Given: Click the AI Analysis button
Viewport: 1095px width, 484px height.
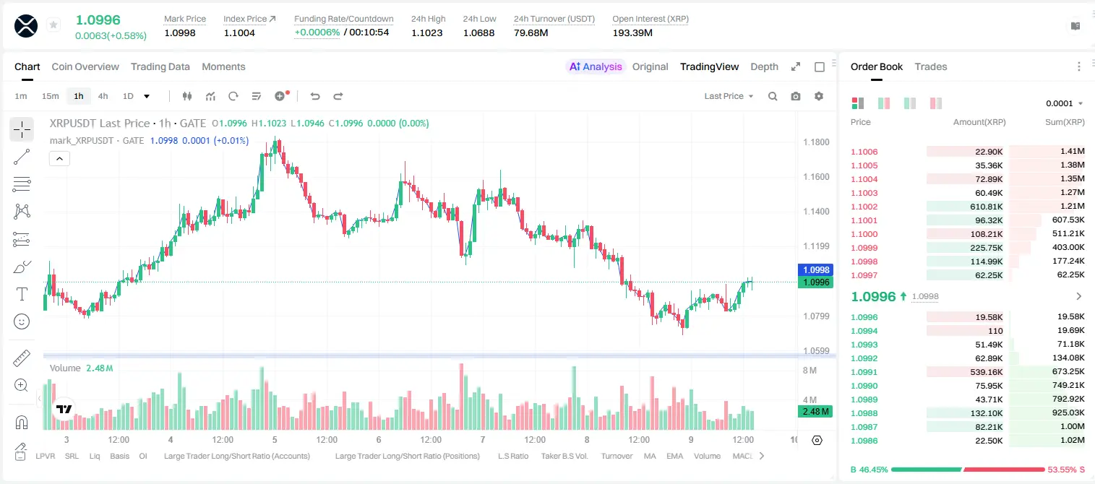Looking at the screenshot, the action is (596, 67).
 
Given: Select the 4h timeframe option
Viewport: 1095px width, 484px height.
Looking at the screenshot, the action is (103, 96).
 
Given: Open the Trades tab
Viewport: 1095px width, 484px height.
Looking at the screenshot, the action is (931, 67).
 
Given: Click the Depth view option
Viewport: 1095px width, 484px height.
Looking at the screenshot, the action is (764, 67).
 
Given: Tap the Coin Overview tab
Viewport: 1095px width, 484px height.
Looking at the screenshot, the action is (85, 67).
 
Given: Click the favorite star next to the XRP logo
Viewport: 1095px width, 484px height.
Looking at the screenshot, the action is (53, 25).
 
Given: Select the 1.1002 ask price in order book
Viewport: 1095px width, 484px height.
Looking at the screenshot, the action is (864, 207).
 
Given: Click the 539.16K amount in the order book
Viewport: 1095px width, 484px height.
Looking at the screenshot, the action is (986, 372).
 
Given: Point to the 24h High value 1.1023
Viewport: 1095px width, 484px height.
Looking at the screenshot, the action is (426, 33).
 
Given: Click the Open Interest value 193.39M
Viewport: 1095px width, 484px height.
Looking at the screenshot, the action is (632, 33).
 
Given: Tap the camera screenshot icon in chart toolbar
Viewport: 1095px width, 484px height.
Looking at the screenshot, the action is (796, 96).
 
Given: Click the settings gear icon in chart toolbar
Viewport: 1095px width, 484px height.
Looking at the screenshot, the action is (819, 96).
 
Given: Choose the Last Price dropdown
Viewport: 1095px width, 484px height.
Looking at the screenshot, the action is (729, 96).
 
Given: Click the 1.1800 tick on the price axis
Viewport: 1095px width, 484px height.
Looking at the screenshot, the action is (816, 142).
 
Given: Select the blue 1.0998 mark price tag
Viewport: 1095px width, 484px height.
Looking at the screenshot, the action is (815, 269).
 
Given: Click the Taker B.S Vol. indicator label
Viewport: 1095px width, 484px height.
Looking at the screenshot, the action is (564, 456).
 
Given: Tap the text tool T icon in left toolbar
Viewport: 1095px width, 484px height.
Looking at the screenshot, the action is (22, 295).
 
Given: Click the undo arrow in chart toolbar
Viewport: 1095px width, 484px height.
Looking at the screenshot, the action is (315, 96).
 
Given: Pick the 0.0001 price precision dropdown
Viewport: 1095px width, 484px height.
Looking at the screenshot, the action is (1064, 103).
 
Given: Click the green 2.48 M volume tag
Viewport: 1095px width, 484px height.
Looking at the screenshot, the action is (815, 412).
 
